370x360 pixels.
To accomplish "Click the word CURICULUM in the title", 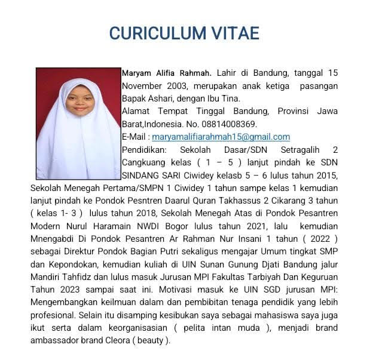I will (157, 33).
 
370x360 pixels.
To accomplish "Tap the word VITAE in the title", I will (234, 33).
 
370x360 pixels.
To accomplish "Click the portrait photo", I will (78, 124).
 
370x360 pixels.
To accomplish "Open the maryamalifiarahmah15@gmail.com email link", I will (221, 137).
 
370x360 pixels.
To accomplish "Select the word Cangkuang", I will (146, 162).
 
